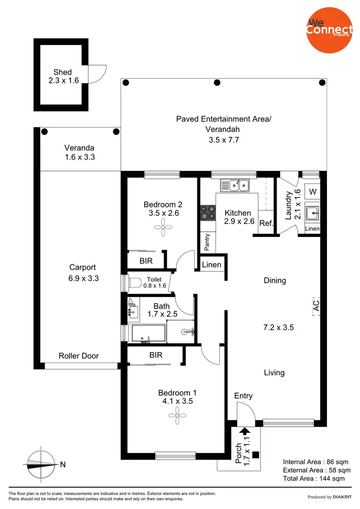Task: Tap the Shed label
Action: [x=62, y=72]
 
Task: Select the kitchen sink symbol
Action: [x=234, y=184]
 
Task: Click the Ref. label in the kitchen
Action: [x=266, y=223]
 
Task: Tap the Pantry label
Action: [x=207, y=243]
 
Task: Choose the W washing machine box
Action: [x=312, y=192]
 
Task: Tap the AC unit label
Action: [x=316, y=305]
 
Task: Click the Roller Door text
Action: [x=79, y=355]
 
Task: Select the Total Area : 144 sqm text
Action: [x=313, y=478]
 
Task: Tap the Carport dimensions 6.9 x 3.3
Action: [x=84, y=278]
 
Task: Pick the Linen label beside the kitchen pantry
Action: [x=211, y=265]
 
